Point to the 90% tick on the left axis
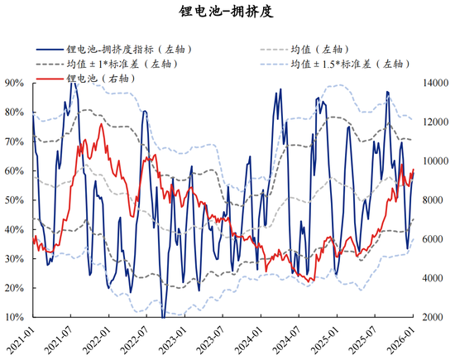(x=12, y=84)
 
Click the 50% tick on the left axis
(x=12, y=200)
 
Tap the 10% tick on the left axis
(x=12, y=317)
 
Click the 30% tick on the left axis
(x=12, y=259)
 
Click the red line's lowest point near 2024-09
(x=310, y=281)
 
